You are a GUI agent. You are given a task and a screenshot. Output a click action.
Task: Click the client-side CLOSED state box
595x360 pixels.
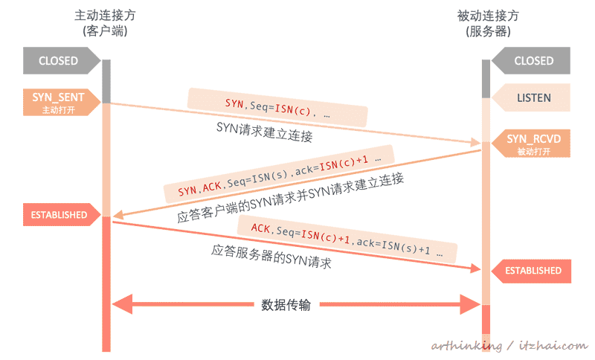[58, 61]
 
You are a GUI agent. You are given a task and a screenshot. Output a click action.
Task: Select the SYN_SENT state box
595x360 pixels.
[58, 101]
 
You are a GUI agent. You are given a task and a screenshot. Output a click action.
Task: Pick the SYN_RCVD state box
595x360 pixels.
[531, 143]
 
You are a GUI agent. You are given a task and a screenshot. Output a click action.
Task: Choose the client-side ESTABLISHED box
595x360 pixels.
[59, 215]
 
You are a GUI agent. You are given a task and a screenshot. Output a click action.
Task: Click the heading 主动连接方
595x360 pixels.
[106, 15]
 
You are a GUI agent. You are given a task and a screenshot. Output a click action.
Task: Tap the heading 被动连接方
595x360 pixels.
[488, 15]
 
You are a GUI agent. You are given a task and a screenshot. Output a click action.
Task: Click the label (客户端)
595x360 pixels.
[106, 31]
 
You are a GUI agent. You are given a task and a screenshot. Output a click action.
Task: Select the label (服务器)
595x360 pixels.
[488, 31]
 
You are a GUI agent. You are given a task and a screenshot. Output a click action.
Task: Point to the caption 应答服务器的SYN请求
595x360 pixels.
[271, 256]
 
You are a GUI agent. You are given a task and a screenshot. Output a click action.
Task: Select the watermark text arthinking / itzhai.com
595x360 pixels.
[509, 345]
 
